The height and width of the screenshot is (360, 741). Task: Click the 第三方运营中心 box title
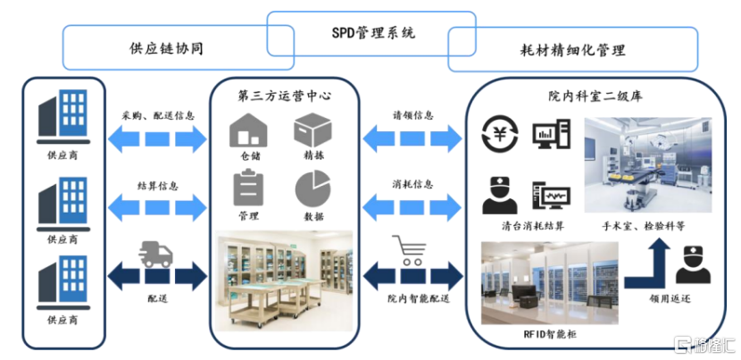284,95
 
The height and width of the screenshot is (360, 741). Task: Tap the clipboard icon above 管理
248,188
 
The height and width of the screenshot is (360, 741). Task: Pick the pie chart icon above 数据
313,188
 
